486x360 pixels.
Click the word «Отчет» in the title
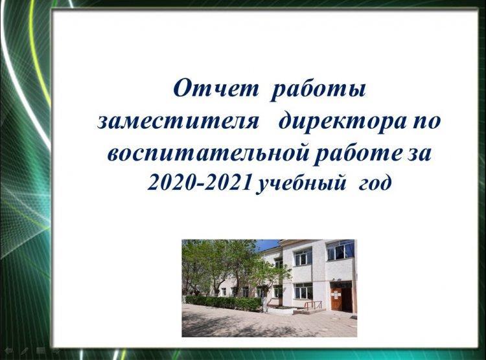point(215,88)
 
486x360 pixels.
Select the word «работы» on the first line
point(318,91)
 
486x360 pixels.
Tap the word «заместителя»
point(178,121)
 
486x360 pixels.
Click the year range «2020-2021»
point(199,183)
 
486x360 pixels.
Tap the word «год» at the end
point(375,184)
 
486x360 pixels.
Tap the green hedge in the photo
point(223,303)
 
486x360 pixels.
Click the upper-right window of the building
point(340,250)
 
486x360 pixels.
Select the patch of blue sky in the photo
point(266,245)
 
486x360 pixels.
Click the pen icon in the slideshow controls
point(25,352)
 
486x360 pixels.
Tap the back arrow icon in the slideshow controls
point(8,352)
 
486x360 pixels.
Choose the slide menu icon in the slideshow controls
point(41,352)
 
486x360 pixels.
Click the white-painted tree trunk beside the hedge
point(264,302)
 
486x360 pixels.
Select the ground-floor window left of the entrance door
point(304,291)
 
